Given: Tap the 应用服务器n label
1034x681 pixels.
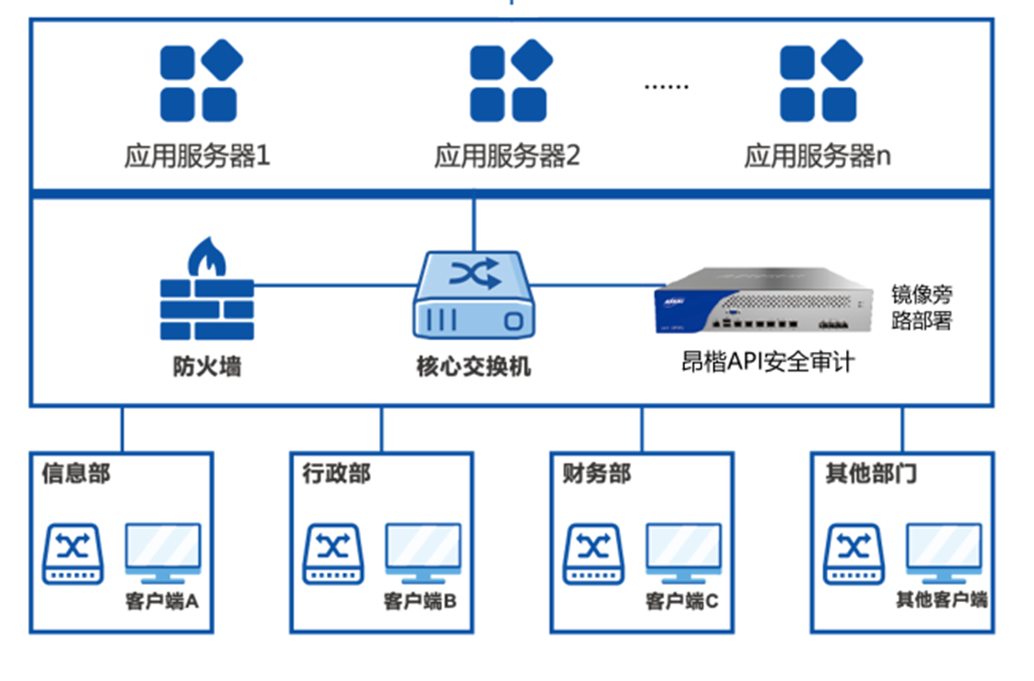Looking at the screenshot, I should [x=817, y=156].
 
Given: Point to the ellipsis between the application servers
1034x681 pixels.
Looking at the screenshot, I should [x=666, y=86].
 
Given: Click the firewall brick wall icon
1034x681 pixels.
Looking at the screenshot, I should [x=206, y=309].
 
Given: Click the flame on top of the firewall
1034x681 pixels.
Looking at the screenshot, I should [x=207, y=257].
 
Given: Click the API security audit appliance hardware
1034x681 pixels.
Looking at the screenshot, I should [x=764, y=301].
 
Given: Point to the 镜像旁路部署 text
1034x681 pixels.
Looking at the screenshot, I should [x=922, y=307].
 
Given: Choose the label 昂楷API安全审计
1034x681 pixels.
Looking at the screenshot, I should [x=767, y=362].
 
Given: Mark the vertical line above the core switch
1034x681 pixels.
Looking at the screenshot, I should [x=474, y=224].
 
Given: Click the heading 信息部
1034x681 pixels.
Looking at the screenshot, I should [x=76, y=474].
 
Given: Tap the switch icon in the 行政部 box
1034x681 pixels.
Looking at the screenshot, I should [x=333, y=554].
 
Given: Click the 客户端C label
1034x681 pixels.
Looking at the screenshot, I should [x=681, y=601].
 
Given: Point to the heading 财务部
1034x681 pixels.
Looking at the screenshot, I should [x=597, y=474].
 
